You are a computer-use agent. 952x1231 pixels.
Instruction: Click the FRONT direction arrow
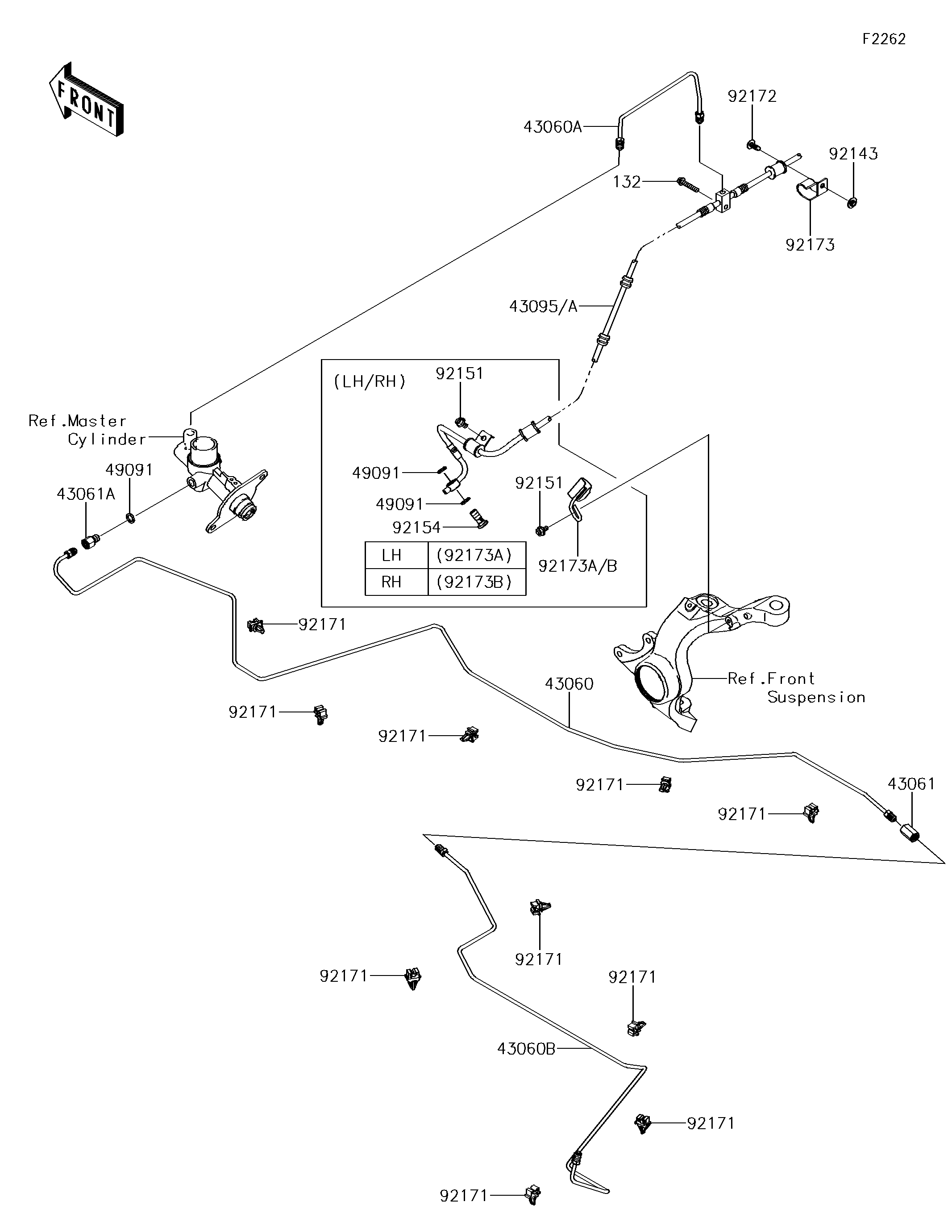tap(86, 100)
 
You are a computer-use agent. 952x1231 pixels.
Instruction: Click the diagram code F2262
tap(884, 39)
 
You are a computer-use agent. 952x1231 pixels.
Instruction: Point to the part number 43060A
tap(552, 127)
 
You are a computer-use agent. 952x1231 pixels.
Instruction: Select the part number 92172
tap(752, 96)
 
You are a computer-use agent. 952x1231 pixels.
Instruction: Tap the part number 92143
tap(853, 154)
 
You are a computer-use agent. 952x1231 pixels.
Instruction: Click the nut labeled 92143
tap(852, 201)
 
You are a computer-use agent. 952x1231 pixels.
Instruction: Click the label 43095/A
tap(543, 306)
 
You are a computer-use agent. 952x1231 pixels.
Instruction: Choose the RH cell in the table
tap(391, 582)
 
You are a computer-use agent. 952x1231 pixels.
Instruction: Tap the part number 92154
tap(416, 528)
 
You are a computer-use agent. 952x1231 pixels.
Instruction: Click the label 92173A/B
tap(578, 566)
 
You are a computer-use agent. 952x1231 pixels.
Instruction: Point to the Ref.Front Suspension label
tap(795, 688)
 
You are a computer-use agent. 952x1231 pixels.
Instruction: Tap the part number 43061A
tap(86, 494)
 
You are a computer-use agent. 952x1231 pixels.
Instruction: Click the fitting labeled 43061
tap(909, 832)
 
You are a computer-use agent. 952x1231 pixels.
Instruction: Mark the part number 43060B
tap(526, 1048)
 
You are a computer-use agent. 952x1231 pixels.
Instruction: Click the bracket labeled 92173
tap(811, 191)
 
